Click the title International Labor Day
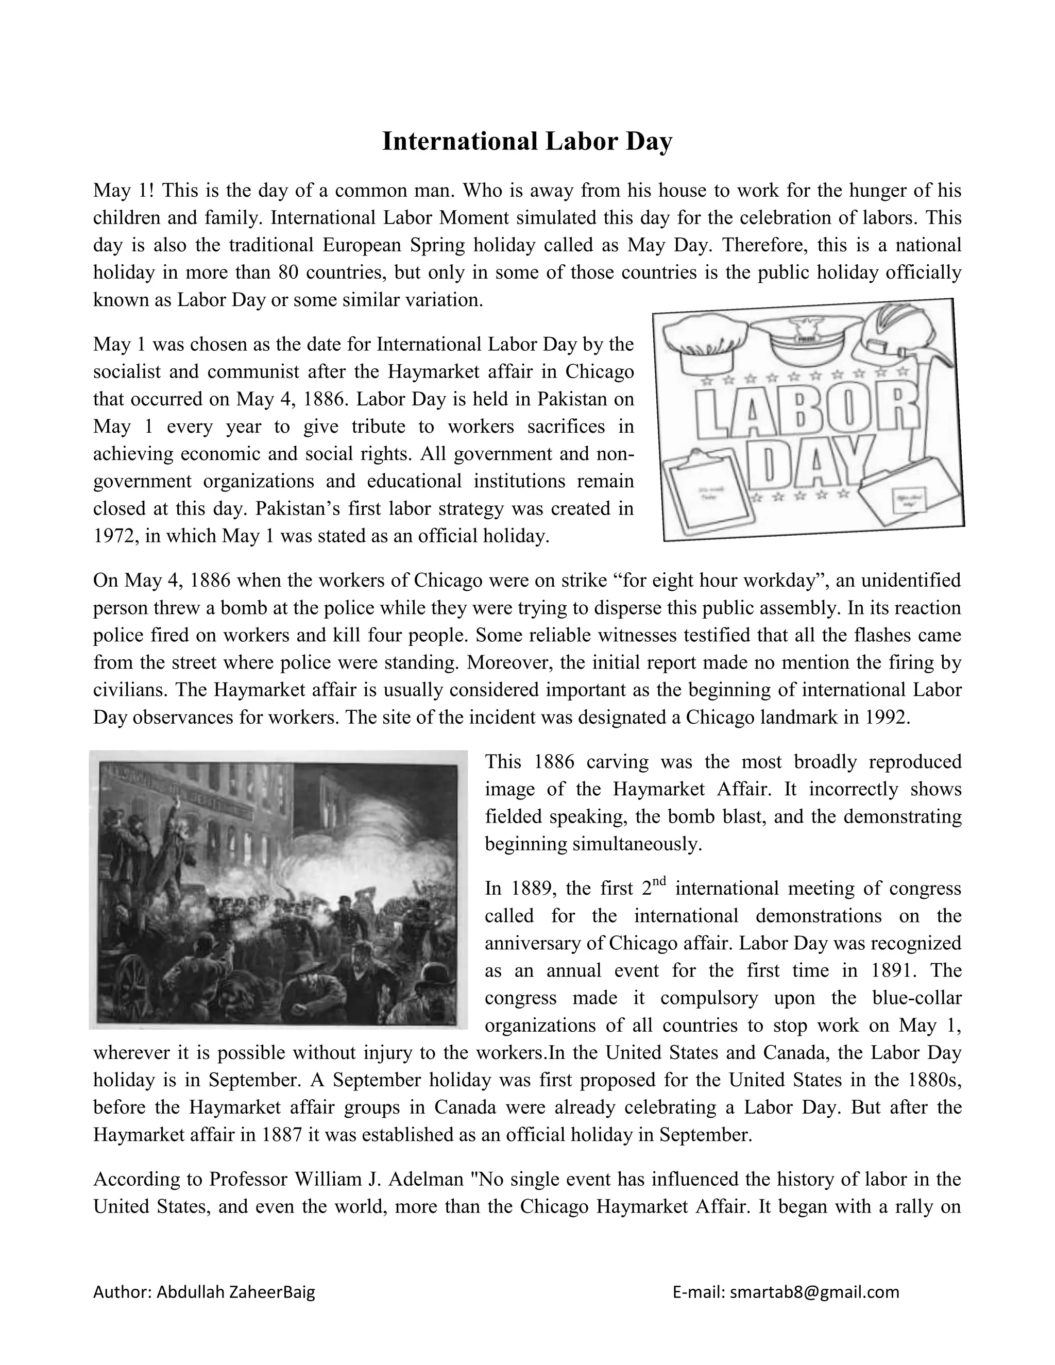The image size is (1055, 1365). click(527, 141)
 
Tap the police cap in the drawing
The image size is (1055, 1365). click(805, 340)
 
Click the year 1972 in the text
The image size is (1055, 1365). click(115, 536)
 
